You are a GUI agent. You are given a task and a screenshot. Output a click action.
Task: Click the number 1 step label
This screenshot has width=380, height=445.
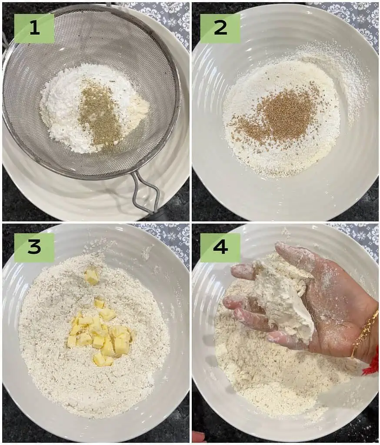pyautogui.click(x=34, y=28)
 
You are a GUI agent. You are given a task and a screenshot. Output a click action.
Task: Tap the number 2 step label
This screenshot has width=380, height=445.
pyautogui.click(x=220, y=28)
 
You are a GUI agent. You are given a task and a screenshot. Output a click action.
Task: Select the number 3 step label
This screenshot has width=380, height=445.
pyautogui.click(x=34, y=247)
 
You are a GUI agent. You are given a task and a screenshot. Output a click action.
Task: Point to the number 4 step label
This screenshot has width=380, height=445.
pyautogui.click(x=220, y=247)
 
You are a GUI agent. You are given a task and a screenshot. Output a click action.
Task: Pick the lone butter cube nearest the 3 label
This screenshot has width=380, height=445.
pyautogui.click(x=91, y=276)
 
